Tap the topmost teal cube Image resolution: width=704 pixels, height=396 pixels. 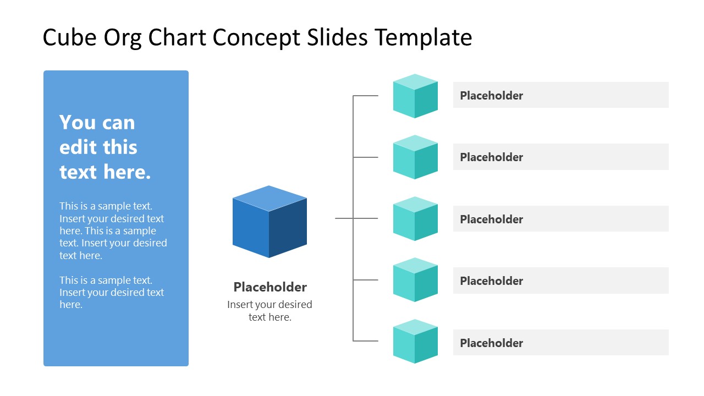[415, 97]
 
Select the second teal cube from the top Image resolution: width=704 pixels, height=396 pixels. [415, 158]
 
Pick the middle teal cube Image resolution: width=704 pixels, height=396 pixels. [415, 219]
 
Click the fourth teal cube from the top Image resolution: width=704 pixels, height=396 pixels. [415, 280]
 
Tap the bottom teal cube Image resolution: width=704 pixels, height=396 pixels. [415, 342]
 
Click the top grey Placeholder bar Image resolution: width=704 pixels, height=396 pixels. [560, 95]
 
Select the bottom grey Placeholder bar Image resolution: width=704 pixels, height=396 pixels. [560, 343]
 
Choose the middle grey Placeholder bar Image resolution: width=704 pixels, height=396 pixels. [560, 219]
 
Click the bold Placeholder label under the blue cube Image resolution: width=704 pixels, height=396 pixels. [270, 287]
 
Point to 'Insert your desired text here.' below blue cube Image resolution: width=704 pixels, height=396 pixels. [269, 311]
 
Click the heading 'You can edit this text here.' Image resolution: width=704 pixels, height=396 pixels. [105, 147]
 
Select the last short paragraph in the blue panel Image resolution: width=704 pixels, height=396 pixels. [112, 292]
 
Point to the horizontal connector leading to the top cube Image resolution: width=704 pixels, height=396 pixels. [366, 96]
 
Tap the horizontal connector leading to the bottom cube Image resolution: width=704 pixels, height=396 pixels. [366, 341]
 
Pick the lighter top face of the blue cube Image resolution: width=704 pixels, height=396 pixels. [269, 198]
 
